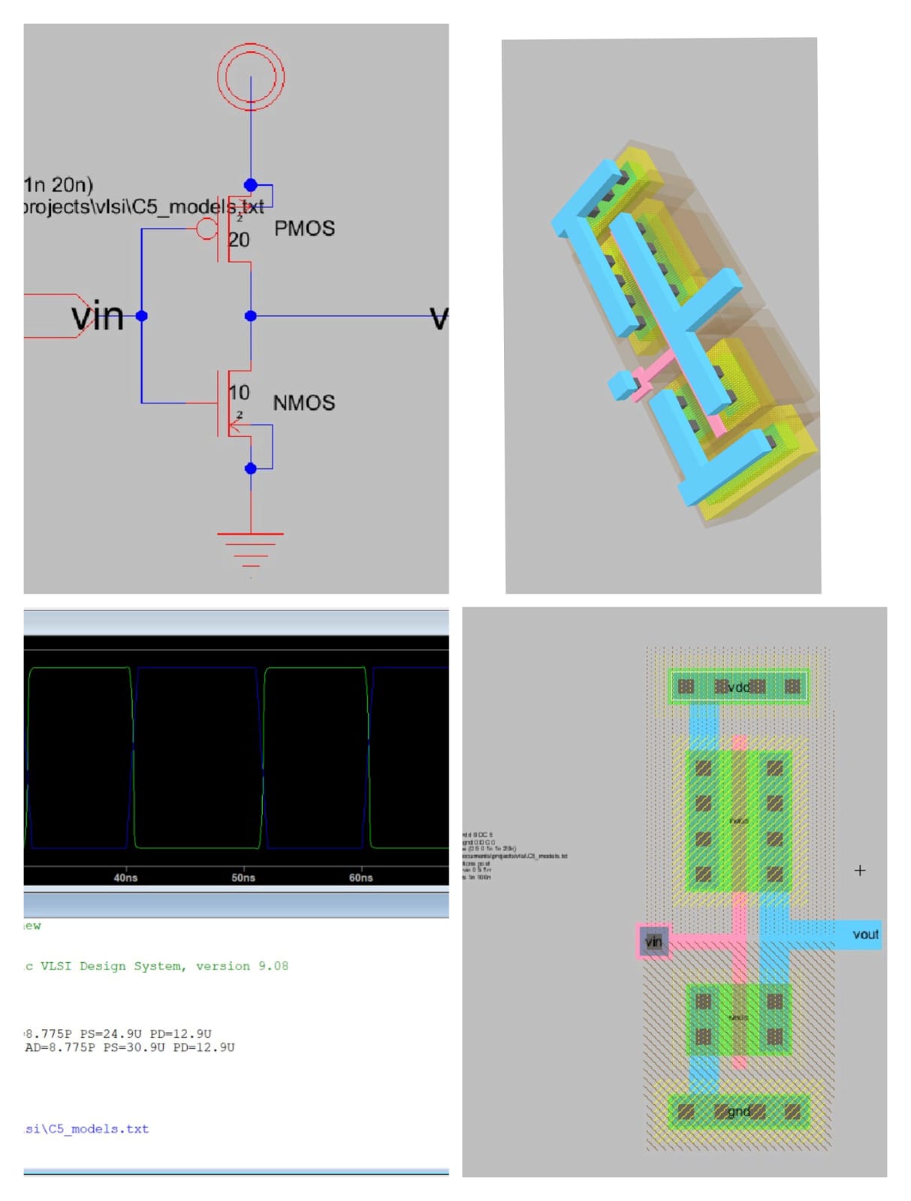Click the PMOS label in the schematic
(x=304, y=228)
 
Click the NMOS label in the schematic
(x=303, y=403)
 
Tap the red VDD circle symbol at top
(x=251, y=76)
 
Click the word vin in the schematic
(x=98, y=316)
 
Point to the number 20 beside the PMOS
(x=239, y=240)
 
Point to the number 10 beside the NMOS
(x=239, y=393)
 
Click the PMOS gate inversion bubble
(x=207, y=228)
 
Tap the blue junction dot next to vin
(x=141, y=316)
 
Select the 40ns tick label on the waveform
(x=125, y=877)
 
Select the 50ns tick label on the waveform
(x=243, y=877)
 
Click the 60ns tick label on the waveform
(x=360, y=877)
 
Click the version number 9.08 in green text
(x=273, y=966)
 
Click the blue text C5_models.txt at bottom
(x=98, y=1129)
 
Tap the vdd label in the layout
(x=739, y=687)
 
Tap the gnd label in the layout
(x=739, y=1112)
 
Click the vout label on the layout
(x=865, y=935)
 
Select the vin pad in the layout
(x=653, y=941)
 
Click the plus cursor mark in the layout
(x=860, y=871)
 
